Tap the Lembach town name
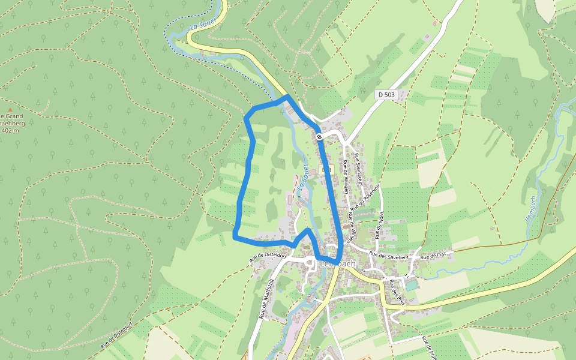tap(337, 263)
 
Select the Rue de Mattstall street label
tap(267, 298)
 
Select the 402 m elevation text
tap(10, 130)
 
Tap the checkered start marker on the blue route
tap(319, 137)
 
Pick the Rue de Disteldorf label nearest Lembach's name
tap(268, 257)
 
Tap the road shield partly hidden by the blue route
tap(327, 170)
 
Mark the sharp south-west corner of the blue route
tap(235, 237)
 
